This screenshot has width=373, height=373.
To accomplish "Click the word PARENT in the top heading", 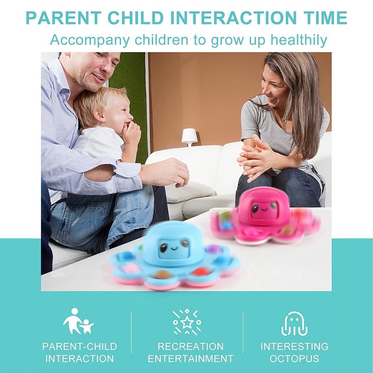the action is (63, 18).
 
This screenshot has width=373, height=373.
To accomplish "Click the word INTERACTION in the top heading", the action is (233, 18).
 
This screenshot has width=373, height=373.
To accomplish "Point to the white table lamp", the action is (189, 137).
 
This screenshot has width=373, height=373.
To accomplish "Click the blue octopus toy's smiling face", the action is (174, 249).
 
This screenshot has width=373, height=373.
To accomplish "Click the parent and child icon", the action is (78, 321).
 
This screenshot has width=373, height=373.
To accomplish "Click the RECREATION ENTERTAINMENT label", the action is (191, 353).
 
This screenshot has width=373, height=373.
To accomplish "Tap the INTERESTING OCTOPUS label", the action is (295, 353).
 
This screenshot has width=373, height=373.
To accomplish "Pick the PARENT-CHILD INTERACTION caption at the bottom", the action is (80, 353).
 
